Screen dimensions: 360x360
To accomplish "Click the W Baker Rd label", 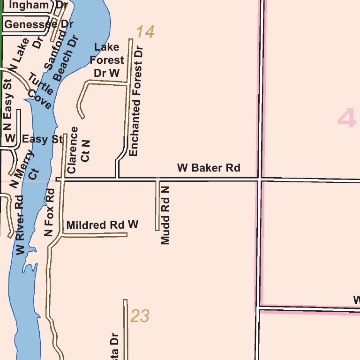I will pos(209,168).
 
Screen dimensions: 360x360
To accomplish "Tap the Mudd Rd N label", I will pos(165,215).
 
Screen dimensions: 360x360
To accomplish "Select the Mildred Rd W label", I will pos(102,225).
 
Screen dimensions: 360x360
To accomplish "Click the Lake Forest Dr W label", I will pos(107,60).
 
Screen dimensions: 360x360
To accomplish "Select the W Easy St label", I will pos(34,139).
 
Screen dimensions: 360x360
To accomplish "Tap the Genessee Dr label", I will pos(39,24).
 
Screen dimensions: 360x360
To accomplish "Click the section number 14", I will pos(145,32).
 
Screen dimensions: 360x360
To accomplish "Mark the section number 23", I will pos(140,316).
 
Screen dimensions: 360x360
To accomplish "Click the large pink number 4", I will pos(346,118).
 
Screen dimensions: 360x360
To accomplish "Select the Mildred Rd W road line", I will pos(94,235).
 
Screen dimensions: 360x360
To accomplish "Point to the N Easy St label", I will pos(7,107).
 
